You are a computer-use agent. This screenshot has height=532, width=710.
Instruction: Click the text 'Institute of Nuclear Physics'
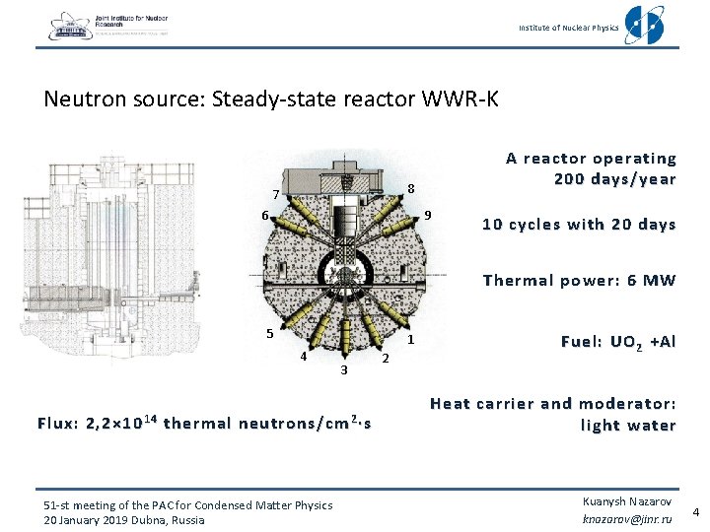pyautogui.click(x=569, y=28)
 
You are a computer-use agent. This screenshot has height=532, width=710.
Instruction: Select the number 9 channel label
pyautogui.click(x=428, y=215)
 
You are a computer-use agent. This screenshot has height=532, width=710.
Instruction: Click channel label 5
pyautogui.click(x=269, y=332)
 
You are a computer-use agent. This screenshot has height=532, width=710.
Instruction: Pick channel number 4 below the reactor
pyautogui.click(x=303, y=357)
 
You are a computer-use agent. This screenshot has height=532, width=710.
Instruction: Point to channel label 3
pyautogui.click(x=343, y=370)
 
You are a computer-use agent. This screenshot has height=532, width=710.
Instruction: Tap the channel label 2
pyautogui.click(x=386, y=358)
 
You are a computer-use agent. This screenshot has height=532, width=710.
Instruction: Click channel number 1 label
pyautogui.click(x=411, y=340)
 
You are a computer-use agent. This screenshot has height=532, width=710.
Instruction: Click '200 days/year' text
pyautogui.click(x=615, y=179)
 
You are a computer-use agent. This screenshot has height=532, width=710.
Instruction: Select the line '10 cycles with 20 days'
pyautogui.click(x=579, y=225)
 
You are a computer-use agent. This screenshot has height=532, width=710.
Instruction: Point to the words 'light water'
pyautogui.click(x=628, y=426)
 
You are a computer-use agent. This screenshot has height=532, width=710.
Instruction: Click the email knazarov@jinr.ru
pyautogui.click(x=626, y=517)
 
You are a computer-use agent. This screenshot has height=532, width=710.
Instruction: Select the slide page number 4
pyautogui.click(x=695, y=512)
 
